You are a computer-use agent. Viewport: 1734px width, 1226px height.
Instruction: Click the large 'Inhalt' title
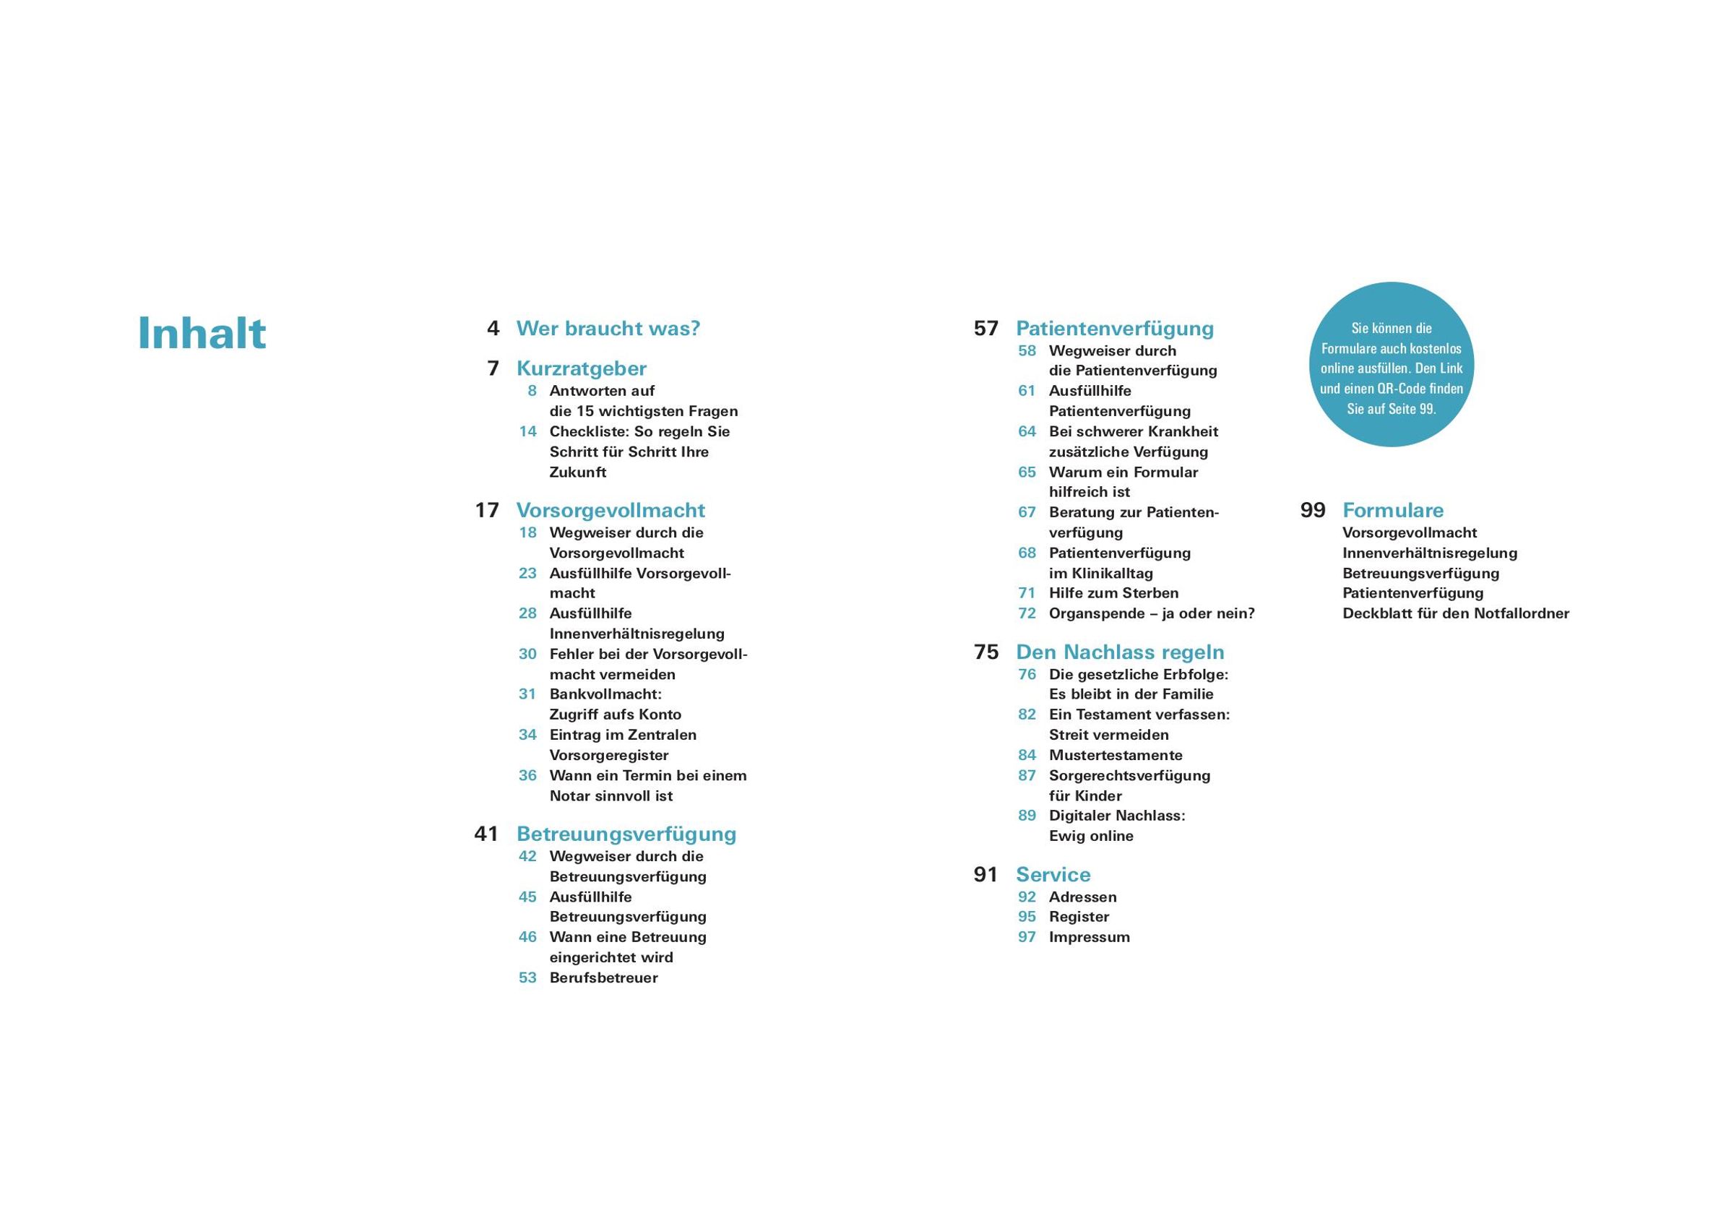coord(202,333)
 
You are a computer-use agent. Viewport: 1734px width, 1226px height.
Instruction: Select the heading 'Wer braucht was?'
coord(608,329)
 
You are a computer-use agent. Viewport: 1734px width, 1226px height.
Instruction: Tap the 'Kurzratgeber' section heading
coord(582,368)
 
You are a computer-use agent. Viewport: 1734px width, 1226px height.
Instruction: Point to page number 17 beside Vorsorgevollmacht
coord(487,511)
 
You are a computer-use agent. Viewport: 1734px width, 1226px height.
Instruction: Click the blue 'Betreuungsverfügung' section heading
coord(626,834)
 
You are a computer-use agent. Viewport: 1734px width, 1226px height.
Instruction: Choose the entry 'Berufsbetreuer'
coord(603,977)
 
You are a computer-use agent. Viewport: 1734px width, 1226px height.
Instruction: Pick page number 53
coord(527,977)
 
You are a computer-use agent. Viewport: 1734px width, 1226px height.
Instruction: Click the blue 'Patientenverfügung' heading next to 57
coord(1115,329)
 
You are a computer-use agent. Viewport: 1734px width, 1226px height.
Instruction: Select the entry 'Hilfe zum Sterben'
coord(1113,593)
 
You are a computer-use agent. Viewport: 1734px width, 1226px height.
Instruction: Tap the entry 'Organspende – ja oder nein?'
coord(1152,613)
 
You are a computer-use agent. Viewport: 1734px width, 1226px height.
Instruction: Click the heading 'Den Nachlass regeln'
coord(1120,652)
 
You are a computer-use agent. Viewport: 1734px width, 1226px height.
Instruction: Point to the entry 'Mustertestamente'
coord(1116,755)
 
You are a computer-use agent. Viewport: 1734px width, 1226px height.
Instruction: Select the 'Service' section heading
coord(1053,875)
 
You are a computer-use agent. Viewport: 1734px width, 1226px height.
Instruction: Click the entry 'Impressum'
coord(1089,937)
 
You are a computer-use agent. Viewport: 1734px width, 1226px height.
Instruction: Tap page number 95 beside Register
coord(1027,916)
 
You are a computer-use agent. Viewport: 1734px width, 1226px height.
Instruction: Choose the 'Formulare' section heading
coord(1393,511)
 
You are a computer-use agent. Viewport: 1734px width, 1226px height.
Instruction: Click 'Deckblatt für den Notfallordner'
coord(1455,613)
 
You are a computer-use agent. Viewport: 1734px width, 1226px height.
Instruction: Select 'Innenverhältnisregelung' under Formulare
coord(1430,553)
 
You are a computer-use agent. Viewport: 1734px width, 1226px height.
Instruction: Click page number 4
coord(493,329)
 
